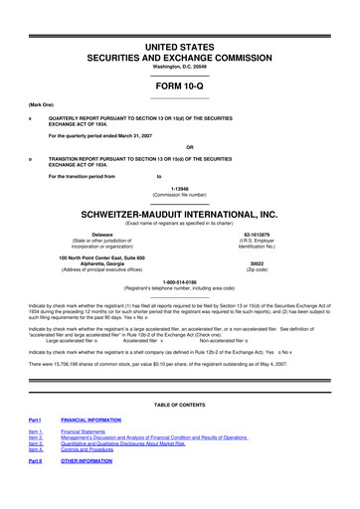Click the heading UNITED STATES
click(x=180, y=47)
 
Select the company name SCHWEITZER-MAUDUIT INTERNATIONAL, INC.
click(x=180, y=214)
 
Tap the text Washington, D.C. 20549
click(x=180, y=68)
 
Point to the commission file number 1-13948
click(x=180, y=186)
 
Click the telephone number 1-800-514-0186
click(x=180, y=281)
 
